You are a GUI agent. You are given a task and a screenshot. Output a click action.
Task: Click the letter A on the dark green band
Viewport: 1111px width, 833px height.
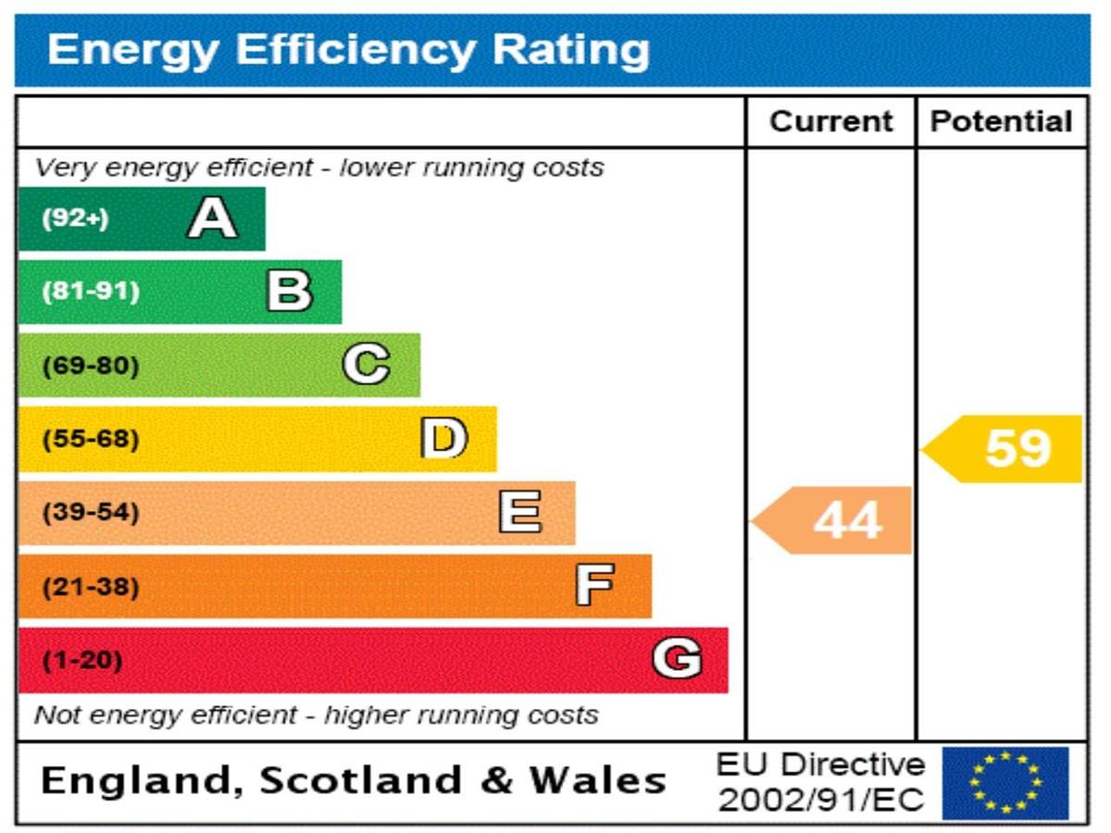tap(212, 219)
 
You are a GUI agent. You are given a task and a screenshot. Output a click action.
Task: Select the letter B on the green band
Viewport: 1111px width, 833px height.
tap(289, 292)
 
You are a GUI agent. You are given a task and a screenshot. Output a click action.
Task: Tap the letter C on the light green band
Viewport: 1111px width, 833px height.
tap(366, 365)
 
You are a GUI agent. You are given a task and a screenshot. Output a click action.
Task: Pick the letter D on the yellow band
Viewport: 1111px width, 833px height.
tap(443, 439)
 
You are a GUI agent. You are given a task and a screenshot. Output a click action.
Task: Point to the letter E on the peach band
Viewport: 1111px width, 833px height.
tap(520, 512)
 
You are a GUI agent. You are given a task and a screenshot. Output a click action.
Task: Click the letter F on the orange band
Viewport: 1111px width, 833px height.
tap(594, 586)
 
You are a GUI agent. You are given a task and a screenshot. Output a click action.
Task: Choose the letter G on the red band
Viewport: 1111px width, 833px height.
tap(677, 660)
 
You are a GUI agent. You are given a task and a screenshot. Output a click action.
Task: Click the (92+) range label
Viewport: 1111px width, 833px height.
tap(75, 219)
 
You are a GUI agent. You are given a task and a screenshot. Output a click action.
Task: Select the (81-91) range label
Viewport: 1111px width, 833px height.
tap(91, 292)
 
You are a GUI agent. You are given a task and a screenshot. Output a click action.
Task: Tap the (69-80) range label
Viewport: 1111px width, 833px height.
tap(91, 366)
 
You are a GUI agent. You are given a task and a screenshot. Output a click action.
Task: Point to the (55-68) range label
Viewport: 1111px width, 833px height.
tap(91, 439)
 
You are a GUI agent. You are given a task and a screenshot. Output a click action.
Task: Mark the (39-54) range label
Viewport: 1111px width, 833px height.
tap(91, 513)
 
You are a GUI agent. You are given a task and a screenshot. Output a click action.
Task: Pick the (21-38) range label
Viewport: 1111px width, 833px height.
tap(91, 587)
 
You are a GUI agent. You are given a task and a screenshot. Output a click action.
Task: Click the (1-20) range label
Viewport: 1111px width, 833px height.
tap(82, 661)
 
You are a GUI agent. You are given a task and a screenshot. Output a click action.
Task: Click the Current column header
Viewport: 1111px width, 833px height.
tap(830, 121)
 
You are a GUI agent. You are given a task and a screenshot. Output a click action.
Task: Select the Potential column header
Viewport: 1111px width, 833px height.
tap(1001, 121)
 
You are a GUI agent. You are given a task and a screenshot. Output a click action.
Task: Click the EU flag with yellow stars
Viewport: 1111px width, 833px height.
tap(1005, 783)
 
